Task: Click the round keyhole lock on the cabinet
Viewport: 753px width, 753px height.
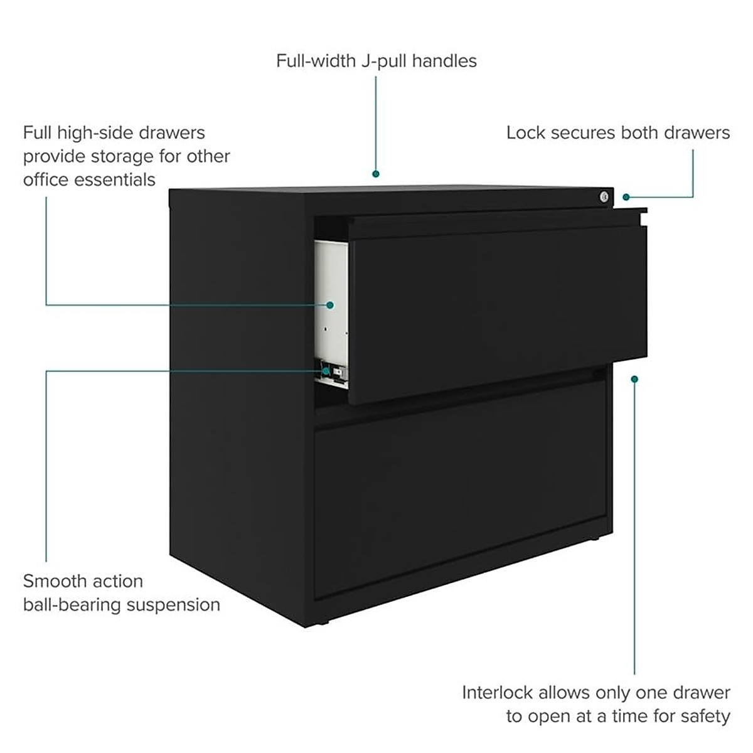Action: (x=604, y=197)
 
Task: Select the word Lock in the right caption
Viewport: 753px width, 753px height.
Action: (x=525, y=132)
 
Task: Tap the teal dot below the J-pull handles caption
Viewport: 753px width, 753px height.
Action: (x=376, y=174)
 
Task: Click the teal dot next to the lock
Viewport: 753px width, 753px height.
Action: (x=626, y=197)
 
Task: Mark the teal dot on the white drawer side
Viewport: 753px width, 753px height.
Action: (x=329, y=305)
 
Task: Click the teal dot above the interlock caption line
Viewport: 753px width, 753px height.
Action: (x=634, y=379)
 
